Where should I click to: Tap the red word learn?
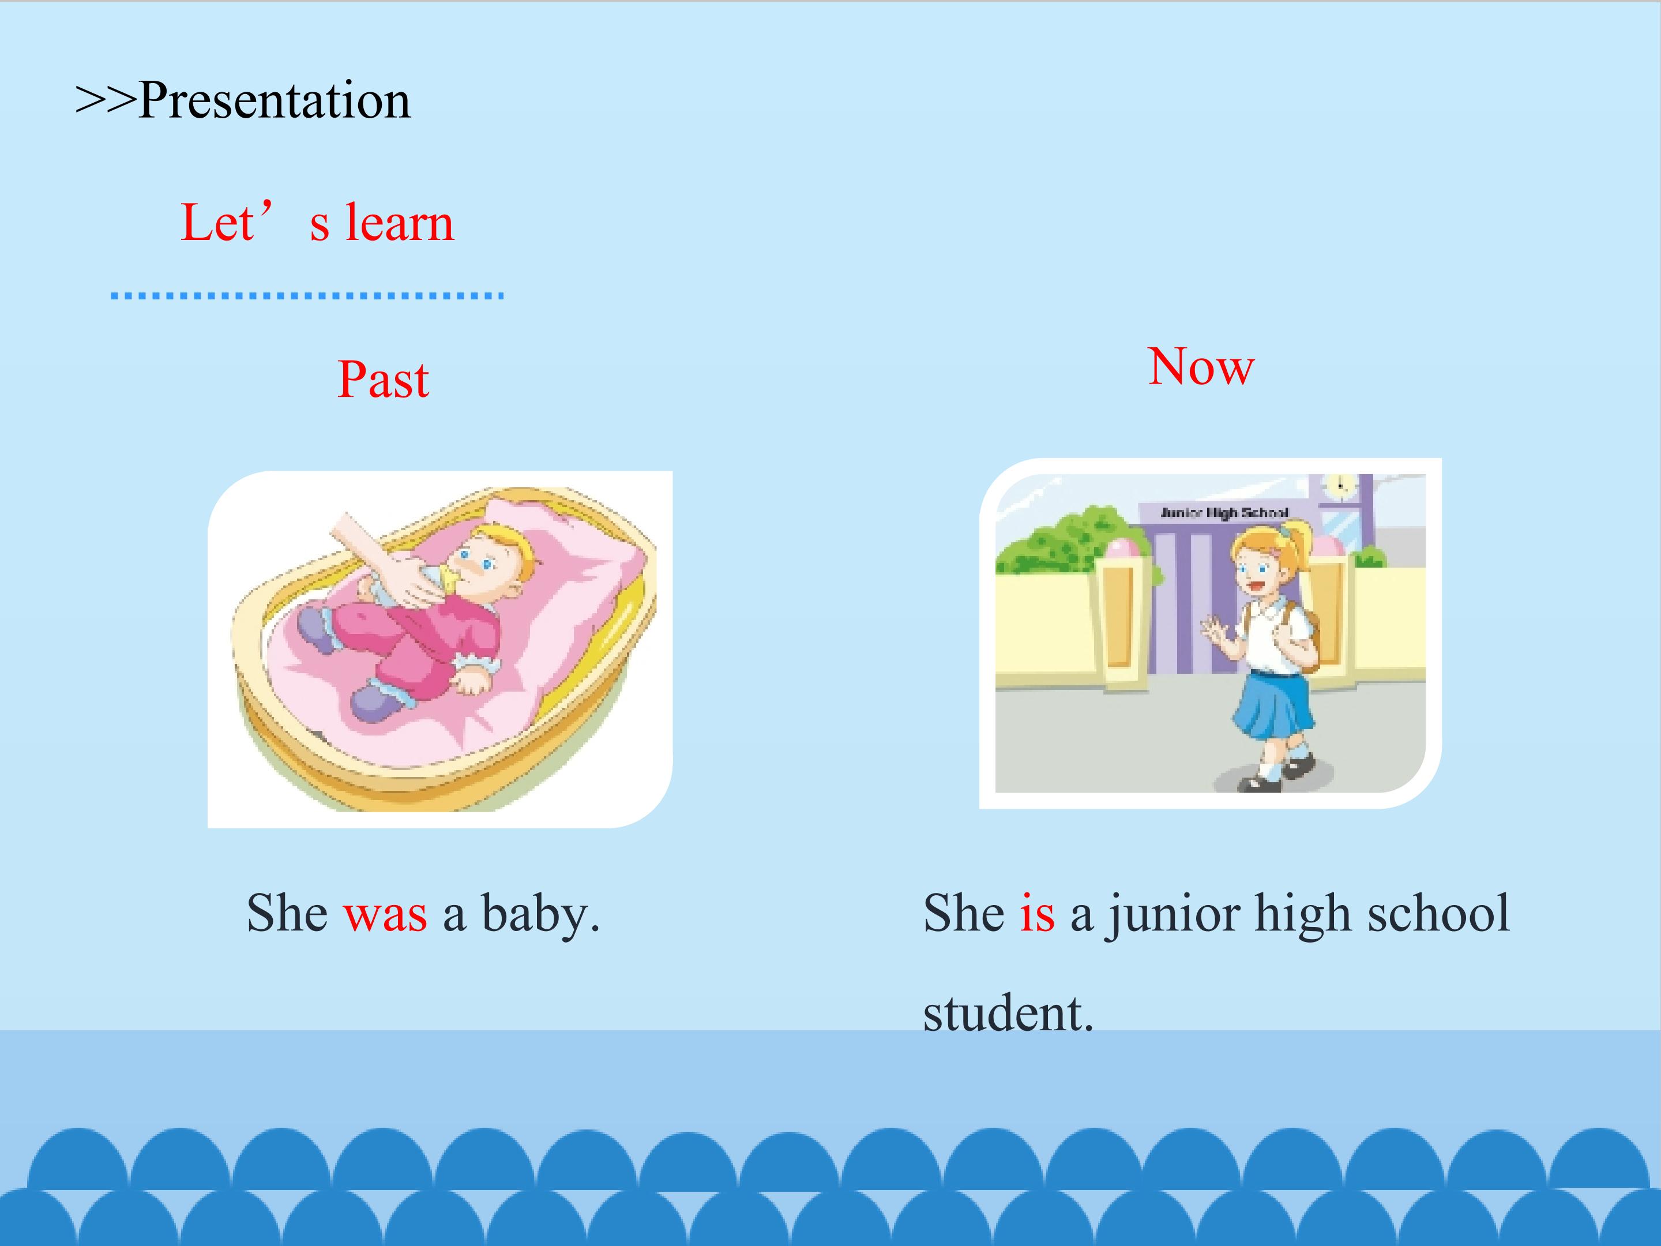tap(400, 223)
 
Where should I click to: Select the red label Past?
tap(383, 380)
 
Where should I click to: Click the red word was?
tap(385, 915)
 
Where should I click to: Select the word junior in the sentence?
tap(1174, 915)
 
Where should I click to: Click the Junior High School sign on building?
tap(1224, 512)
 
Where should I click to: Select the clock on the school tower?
tap(1340, 486)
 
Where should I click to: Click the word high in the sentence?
tap(1305, 915)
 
